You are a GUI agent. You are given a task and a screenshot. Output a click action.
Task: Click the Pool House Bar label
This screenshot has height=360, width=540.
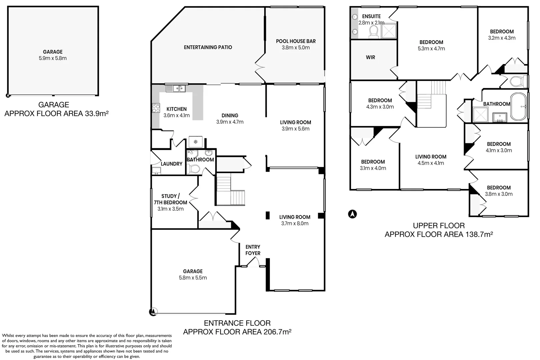pyautogui.click(x=296, y=41)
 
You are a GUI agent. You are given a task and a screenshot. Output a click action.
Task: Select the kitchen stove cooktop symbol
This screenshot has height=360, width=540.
pyautogui.click(x=156, y=108)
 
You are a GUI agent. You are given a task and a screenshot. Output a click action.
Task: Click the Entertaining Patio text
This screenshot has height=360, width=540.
pyautogui.click(x=208, y=47)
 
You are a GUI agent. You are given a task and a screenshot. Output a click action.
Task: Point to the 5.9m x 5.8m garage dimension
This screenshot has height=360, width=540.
pyautogui.click(x=53, y=58)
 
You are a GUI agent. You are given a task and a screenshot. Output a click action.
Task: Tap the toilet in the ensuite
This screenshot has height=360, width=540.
pyautogui.click(x=374, y=32)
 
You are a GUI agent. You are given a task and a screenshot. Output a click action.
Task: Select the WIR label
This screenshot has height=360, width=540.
pyautogui.click(x=370, y=57)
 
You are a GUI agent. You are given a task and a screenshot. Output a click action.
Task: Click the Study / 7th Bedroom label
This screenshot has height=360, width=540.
pyautogui.click(x=170, y=199)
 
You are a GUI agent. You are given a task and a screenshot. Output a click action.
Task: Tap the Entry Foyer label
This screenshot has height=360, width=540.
pyautogui.click(x=252, y=250)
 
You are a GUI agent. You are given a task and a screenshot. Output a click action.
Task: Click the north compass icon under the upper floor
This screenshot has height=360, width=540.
pyautogui.click(x=353, y=214)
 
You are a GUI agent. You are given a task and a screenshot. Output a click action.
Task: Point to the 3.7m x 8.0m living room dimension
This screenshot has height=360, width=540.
pyautogui.click(x=295, y=224)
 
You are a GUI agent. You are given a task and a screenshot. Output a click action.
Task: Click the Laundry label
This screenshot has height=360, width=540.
pyautogui.click(x=171, y=164)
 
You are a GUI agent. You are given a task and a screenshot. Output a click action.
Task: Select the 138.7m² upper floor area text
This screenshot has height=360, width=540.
pyautogui.click(x=439, y=234)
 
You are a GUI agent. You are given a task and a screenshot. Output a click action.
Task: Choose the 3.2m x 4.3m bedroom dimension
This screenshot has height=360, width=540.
pyautogui.click(x=502, y=38)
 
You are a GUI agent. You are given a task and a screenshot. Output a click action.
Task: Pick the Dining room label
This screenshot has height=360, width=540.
pyautogui.click(x=229, y=116)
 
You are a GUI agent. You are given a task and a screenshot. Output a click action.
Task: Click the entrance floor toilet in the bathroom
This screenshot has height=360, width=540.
pyautogui.click(x=193, y=169)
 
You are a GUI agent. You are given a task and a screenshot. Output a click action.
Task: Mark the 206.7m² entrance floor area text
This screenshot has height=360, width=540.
pyautogui.click(x=237, y=332)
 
